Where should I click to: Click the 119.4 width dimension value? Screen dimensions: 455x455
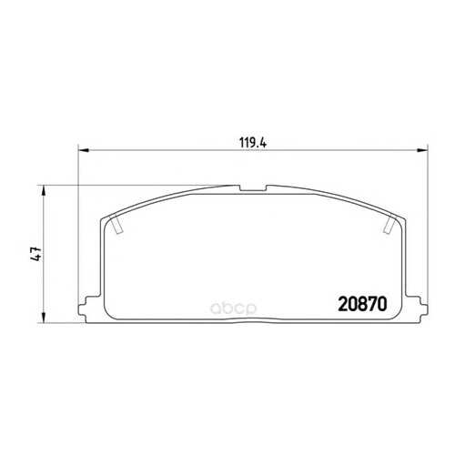pos(253,143)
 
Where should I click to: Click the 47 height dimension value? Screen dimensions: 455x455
pos(35,254)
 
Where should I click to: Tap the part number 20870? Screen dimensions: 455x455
pos(362,304)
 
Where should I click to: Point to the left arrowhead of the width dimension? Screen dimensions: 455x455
pos(83,150)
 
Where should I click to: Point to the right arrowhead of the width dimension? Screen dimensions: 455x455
pos(422,150)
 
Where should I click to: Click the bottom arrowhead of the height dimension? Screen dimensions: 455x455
pos(44,318)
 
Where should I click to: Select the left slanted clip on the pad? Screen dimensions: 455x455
pos(116,225)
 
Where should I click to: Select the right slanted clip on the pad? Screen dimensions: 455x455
pos(389,225)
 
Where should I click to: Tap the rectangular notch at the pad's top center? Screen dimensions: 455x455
pos(253,188)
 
